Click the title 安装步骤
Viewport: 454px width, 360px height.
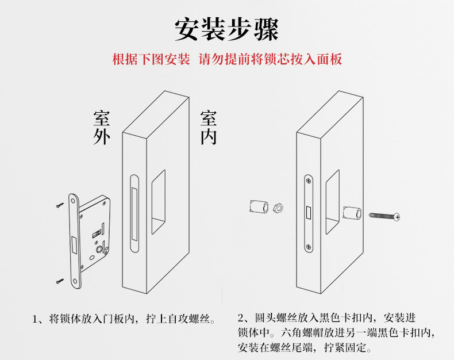[x=226, y=29]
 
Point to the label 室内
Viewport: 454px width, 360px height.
[x=208, y=128]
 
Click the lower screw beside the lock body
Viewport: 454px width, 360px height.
[x=60, y=281]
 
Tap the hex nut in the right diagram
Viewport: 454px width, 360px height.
[x=276, y=206]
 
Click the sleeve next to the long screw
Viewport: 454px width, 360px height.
[x=351, y=214]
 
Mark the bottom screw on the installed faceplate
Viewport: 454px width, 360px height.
[x=309, y=248]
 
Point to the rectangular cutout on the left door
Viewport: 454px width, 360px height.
[x=159, y=201]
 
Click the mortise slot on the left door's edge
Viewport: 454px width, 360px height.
[x=133, y=215]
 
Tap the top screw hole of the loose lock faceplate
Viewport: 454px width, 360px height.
[x=74, y=200]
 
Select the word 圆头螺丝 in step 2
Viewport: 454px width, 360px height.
[x=270, y=318]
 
